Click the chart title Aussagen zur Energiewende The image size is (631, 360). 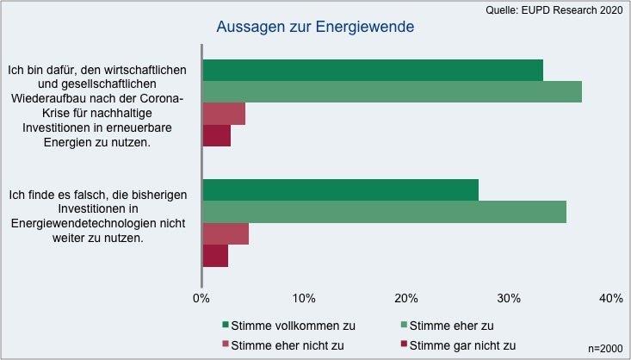(x=315, y=27)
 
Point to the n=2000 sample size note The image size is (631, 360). (x=604, y=348)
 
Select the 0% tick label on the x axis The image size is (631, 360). (x=201, y=298)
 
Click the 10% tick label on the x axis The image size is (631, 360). (x=303, y=298)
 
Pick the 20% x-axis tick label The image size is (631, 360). (x=406, y=298)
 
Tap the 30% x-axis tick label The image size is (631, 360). (x=509, y=298)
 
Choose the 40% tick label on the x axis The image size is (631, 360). (x=611, y=298)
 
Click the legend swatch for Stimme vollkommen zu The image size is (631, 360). (x=226, y=326)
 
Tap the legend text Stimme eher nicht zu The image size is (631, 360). (x=288, y=345)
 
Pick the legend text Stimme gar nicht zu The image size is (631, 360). (x=462, y=345)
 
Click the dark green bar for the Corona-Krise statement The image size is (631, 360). (x=373, y=70)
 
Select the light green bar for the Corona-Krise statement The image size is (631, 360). (x=392, y=91)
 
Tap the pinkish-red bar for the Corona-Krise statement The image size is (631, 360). (x=224, y=114)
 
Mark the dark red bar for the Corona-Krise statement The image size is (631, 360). (x=217, y=135)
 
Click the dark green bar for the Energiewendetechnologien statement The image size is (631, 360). (x=340, y=190)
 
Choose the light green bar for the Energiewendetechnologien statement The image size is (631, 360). (x=384, y=212)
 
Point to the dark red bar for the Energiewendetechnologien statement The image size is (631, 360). (x=215, y=256)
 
